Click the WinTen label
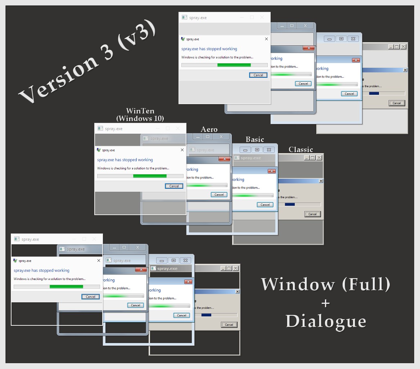pyautogui.click(x=140, y=111)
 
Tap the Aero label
pyautogui.click(x=209, y=129)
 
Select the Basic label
pyautogui.click(x=255, y=139)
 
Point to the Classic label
pyautogui.click(x=301, y=150)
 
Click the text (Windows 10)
pyautogui.click(x=140, y=118)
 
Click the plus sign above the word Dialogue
pyautogui.click(x=325, y=303)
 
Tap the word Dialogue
pyautogui.click(x=326, y=321)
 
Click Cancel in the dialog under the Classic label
pyautogui.click(x=312, y=214)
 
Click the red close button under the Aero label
pyautogui.click(x=225, y=159)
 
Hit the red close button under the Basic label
pyautogui.click(x=272, y=171)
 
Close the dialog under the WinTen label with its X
pyautogui.click(x=182, y=150)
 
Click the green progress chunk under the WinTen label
pyautogui.click(x=150, y=176)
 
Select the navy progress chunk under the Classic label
pyautogui.click(x=290, y=205)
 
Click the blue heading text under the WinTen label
pyautogui.click(x=125, y=160)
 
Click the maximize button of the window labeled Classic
pyautogui.click(x=312, y=158)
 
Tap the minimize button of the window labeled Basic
pyautogui.click(x=245, y=150)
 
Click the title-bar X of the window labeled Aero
pyautogui.click(x=221, y=137)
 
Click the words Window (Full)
pyautogui.click(x=325, y=284)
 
